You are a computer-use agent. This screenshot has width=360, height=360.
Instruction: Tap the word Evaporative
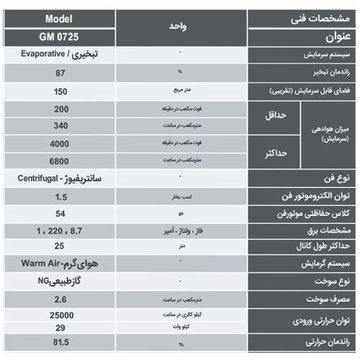42,54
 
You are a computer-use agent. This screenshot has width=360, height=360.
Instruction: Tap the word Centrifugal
38,177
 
